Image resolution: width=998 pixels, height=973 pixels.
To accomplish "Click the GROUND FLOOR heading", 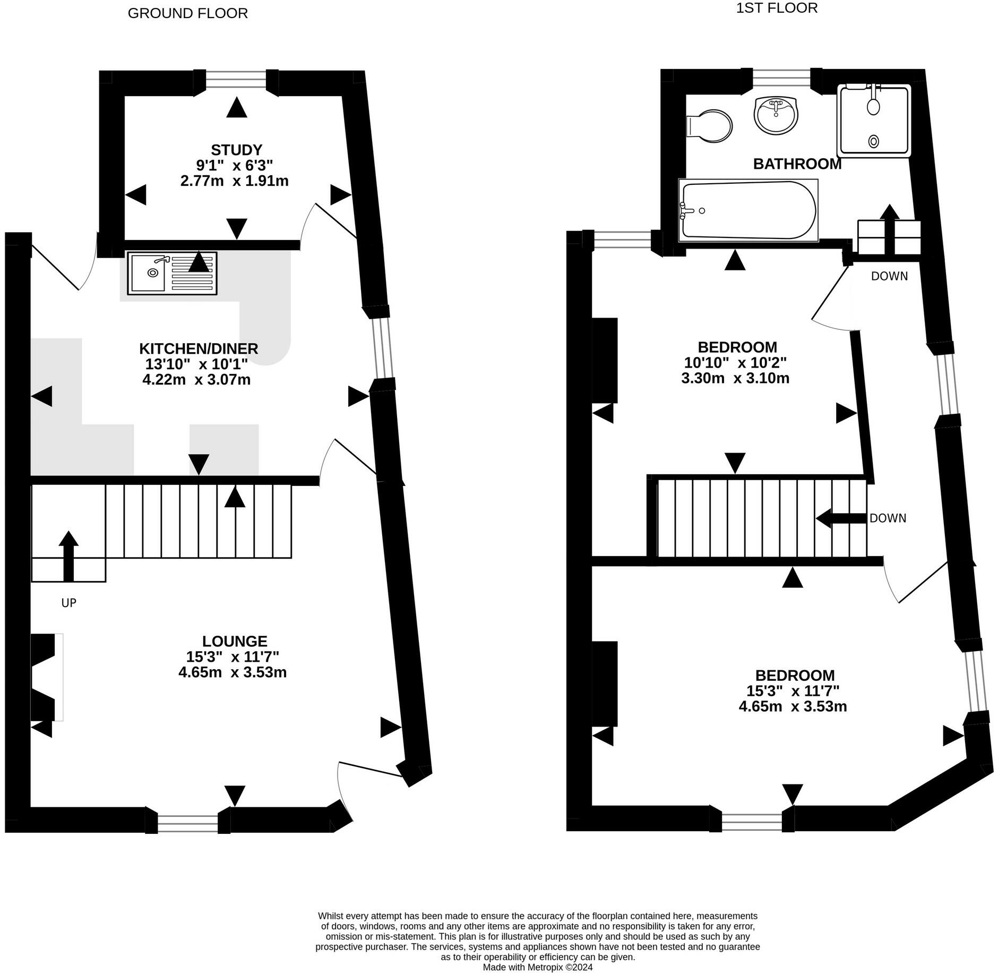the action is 188,13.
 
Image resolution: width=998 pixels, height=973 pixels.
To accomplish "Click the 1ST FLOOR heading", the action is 777,7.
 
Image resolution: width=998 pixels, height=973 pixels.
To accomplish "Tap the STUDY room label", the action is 237,150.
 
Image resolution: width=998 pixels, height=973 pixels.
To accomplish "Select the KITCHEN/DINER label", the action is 199,349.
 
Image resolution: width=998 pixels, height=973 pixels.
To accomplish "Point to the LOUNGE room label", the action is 235,641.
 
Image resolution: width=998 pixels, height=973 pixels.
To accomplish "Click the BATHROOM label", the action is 797,164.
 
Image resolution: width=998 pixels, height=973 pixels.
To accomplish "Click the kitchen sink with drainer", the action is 173,273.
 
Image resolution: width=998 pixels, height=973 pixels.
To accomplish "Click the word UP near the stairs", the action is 69,603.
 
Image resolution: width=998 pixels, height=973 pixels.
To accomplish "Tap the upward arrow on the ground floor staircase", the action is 68,556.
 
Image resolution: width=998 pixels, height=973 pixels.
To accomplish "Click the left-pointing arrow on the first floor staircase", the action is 841,518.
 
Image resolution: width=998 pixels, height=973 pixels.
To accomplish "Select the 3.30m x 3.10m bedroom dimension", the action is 735,378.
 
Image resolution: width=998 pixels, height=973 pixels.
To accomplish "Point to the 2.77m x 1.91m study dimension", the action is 235,181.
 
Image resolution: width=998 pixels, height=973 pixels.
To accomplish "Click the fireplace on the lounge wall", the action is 47,677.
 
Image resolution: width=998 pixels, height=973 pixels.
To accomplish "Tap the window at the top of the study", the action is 236,80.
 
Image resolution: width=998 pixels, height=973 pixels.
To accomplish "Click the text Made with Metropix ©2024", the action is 538,967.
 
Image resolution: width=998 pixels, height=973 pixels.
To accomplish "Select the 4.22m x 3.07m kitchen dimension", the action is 197,380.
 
